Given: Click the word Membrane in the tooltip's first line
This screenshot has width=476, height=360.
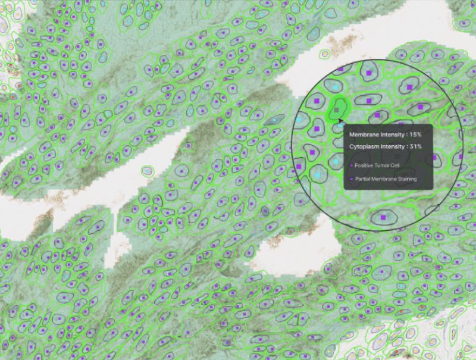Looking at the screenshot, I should tap(364, 134).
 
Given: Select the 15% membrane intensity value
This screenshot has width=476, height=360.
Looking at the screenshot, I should tap(415, 134).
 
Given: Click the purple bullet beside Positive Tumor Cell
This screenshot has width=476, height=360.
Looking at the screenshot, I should tap(351, 165).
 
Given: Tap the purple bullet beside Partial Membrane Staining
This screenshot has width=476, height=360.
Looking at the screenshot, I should tap(351, 179).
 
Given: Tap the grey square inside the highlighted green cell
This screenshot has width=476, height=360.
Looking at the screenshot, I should tap(338, 110).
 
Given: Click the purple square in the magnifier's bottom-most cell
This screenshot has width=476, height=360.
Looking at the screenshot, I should tap(384, 218).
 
